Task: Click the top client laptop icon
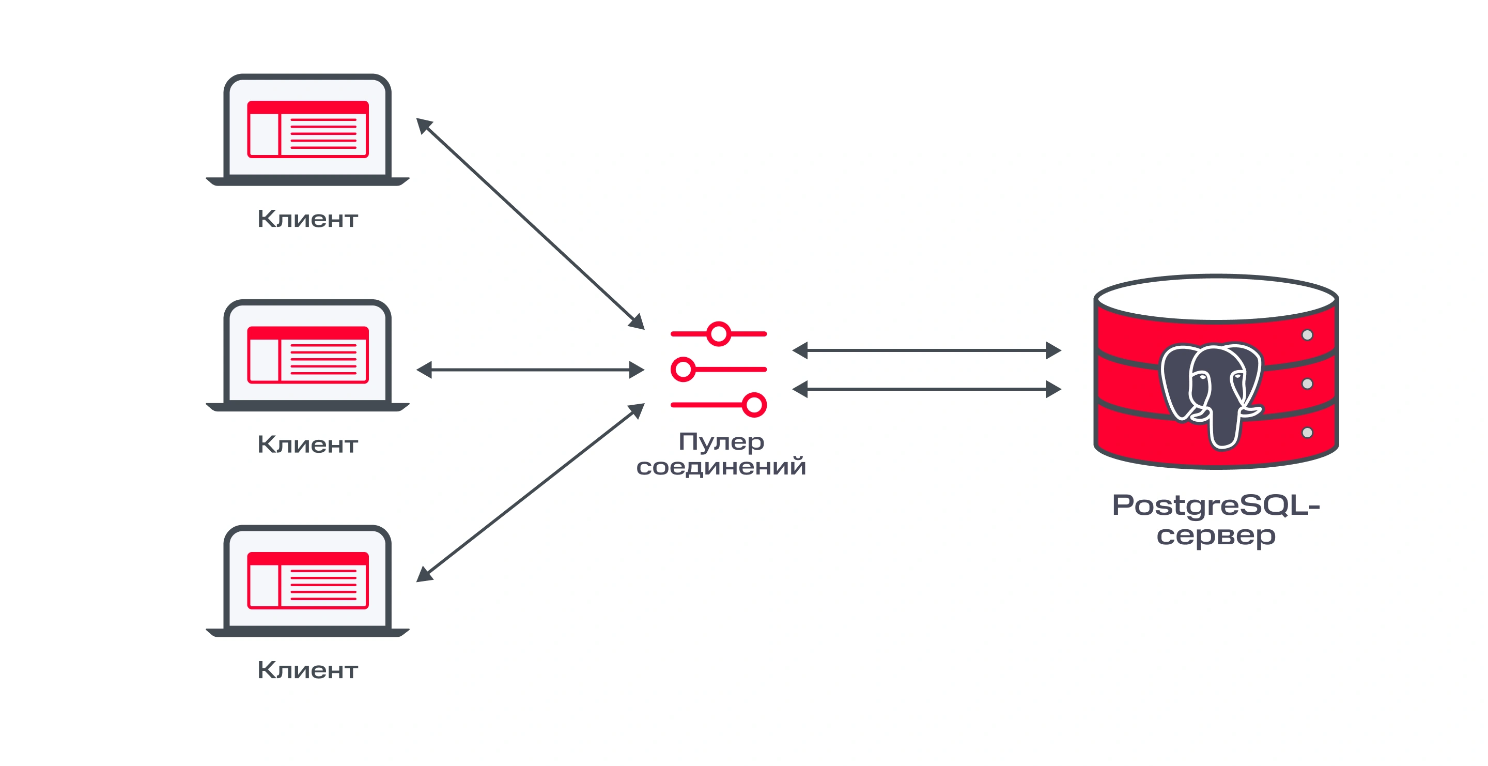tap(307, 129)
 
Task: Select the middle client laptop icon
tap(307, 355)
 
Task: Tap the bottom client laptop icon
tap(307, 580)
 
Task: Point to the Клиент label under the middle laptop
tap(307, 444)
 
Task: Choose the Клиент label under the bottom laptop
tap(307, 670)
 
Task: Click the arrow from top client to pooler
tap(530, 224)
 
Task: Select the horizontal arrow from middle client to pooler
tap(530, 370)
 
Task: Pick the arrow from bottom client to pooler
tap(530, 492)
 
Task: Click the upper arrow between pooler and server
tap(926, 350)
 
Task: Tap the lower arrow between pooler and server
tap(926, 389)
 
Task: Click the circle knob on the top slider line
tap(719, 333)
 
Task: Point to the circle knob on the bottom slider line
tap(754, 404)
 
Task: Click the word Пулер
tap(721, 442)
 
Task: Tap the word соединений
tap(721, 467)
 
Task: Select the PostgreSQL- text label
tap(1216, 506)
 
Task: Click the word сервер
tap(1216, 536)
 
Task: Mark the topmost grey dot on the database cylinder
tap(1307, 335)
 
